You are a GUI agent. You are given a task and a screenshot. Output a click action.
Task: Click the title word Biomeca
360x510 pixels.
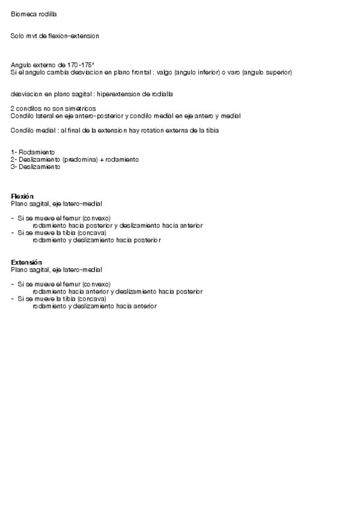pos(22,13)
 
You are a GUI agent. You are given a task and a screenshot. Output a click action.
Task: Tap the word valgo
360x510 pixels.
pos(164,73)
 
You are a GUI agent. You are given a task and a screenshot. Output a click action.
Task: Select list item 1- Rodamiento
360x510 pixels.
pos(33,152)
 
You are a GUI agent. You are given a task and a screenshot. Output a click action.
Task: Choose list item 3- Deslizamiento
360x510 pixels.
pos(35,167)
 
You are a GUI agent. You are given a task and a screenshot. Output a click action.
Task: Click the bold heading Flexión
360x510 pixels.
pos(22,197)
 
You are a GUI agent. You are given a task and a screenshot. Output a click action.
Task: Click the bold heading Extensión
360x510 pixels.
pos(26,262)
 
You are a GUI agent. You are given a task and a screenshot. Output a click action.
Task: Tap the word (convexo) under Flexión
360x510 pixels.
pos(97,218)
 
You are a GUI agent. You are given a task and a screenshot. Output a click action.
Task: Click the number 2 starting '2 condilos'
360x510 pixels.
pos(13,108)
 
